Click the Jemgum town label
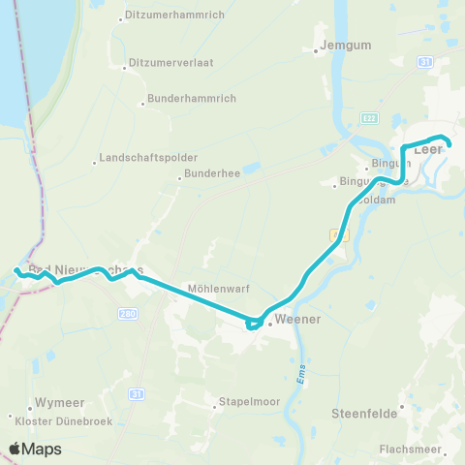coord(345,45)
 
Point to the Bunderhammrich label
coord(186,99)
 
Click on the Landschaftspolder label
coord(148,158)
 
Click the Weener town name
coord(297,319)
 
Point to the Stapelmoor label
coord(241,397)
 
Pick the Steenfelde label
coord(364,413)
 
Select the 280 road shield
coord(128,314)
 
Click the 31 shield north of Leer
coord(423,62)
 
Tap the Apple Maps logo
coord(35,449)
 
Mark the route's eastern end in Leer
coord(449,145)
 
